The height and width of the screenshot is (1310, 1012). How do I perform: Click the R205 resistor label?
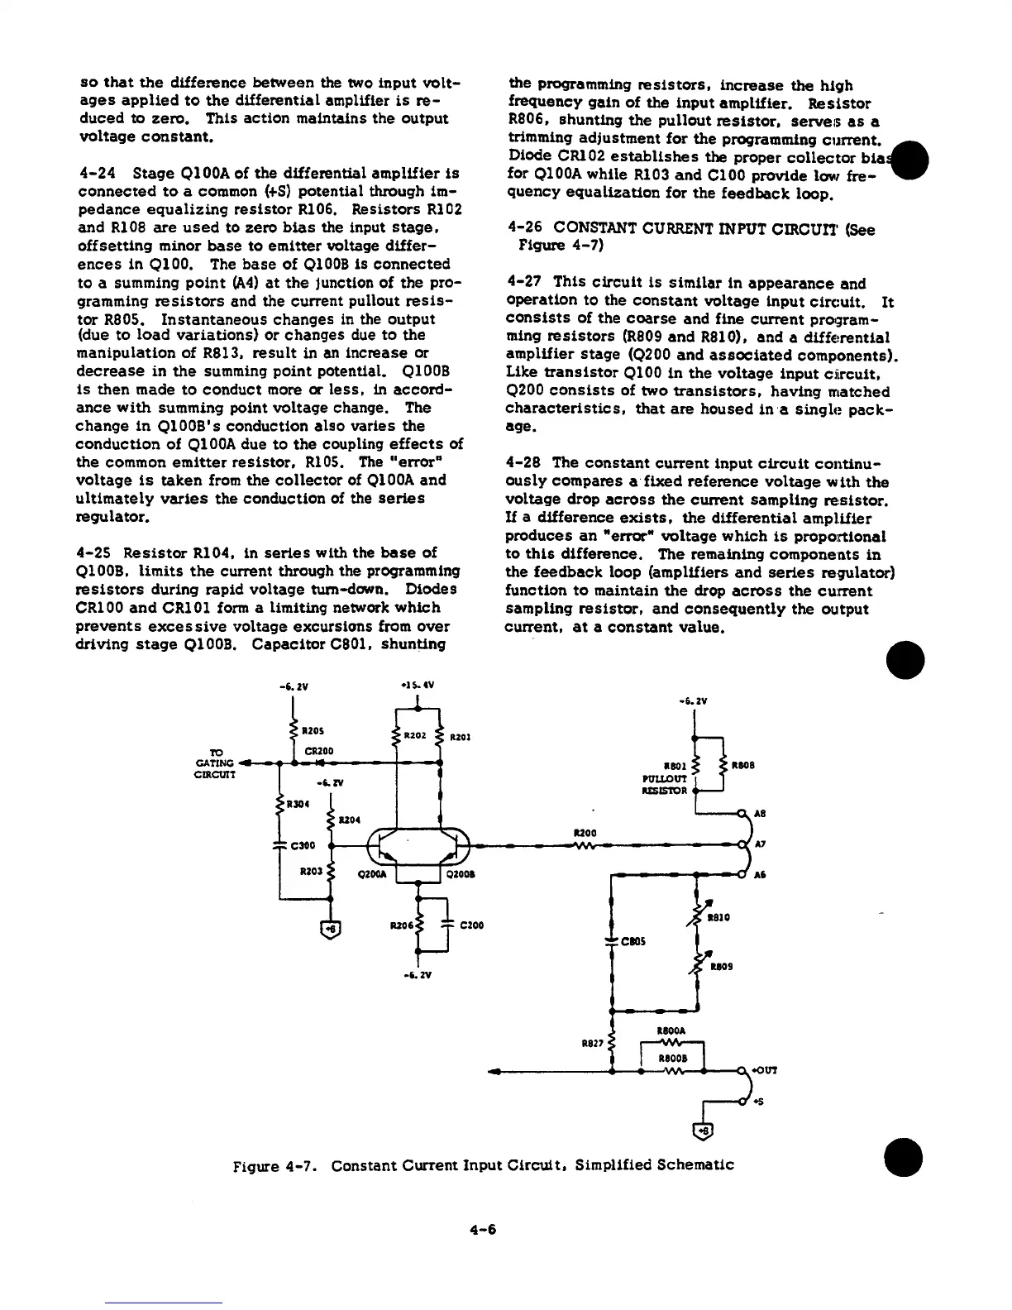click(312, 731)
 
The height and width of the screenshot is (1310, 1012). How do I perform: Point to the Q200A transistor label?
click(370, 875)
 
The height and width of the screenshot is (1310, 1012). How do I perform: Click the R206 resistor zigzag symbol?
click(420, 925)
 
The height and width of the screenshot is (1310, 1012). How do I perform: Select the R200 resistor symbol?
click(585, 845)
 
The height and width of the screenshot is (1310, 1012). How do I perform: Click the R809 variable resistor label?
click(720, 966)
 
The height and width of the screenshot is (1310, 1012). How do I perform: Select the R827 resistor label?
click(591, 1044)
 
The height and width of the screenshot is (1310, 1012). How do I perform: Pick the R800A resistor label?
click(668, 1031)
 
